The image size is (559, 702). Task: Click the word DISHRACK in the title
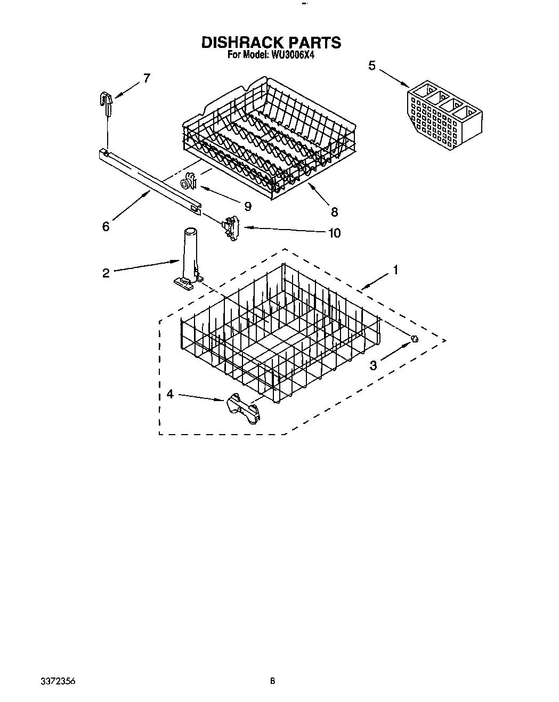point(241,43)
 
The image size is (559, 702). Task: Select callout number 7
point(147,78)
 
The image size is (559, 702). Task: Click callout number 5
point(371,66)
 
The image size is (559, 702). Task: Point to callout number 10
point(334,233)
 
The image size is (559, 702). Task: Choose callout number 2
point(106,273)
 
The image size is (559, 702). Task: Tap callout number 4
point(169,394)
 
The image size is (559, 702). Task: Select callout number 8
point(334,211)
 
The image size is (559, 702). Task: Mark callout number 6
point(106,226)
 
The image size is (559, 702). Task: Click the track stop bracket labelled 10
point(231,226)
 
